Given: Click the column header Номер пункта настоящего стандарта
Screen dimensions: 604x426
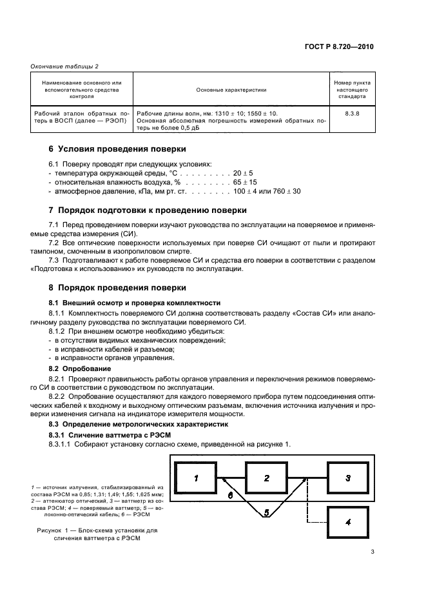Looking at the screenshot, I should [351, 90].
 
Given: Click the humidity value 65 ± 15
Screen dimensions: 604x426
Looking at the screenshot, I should [247, 183].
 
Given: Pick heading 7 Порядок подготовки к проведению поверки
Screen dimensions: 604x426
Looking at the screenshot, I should [142, 210].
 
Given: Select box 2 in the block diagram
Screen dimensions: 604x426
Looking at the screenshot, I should [266, 478].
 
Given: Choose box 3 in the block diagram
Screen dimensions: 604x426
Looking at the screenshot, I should [348, 478].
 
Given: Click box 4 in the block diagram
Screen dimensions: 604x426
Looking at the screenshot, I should [348, 522].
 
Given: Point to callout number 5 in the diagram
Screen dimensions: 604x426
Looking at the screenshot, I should [266, 513].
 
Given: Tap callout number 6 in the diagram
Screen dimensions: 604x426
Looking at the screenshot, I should [229, 495].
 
